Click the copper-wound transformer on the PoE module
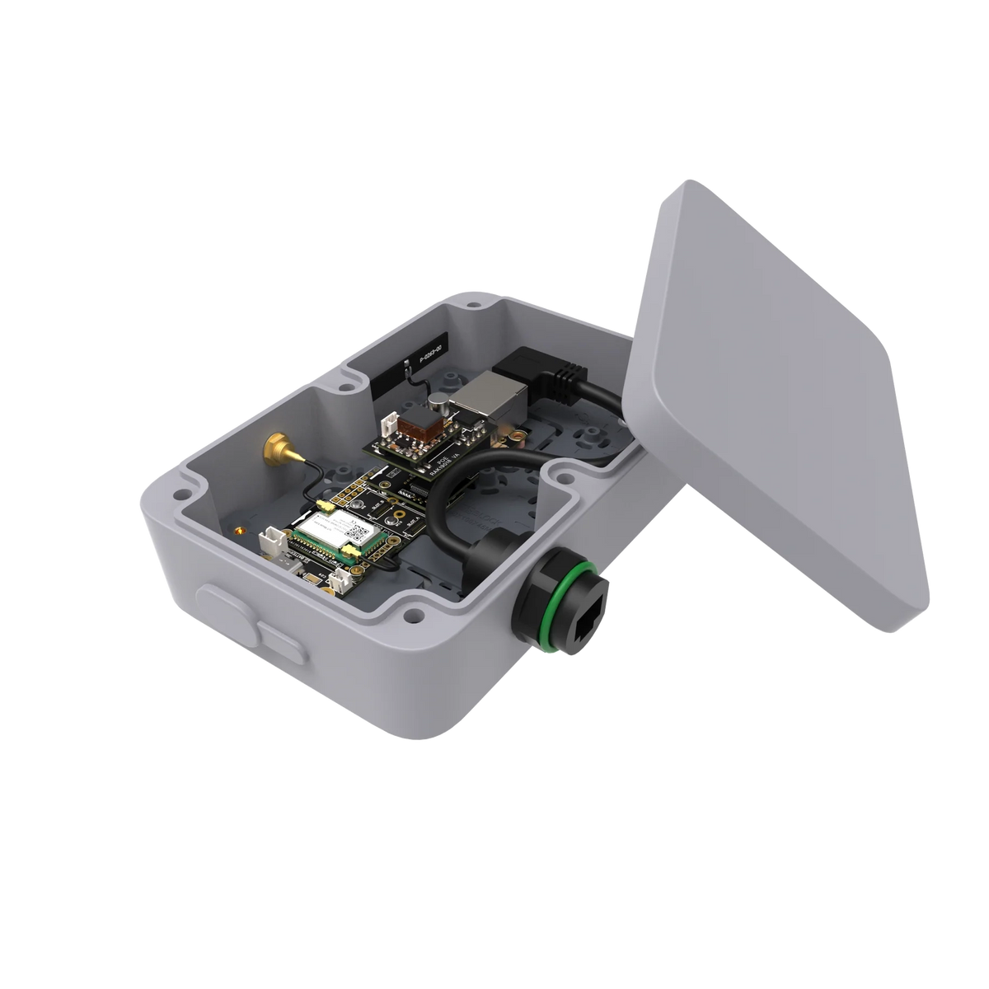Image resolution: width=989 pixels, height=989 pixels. (419, 425)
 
